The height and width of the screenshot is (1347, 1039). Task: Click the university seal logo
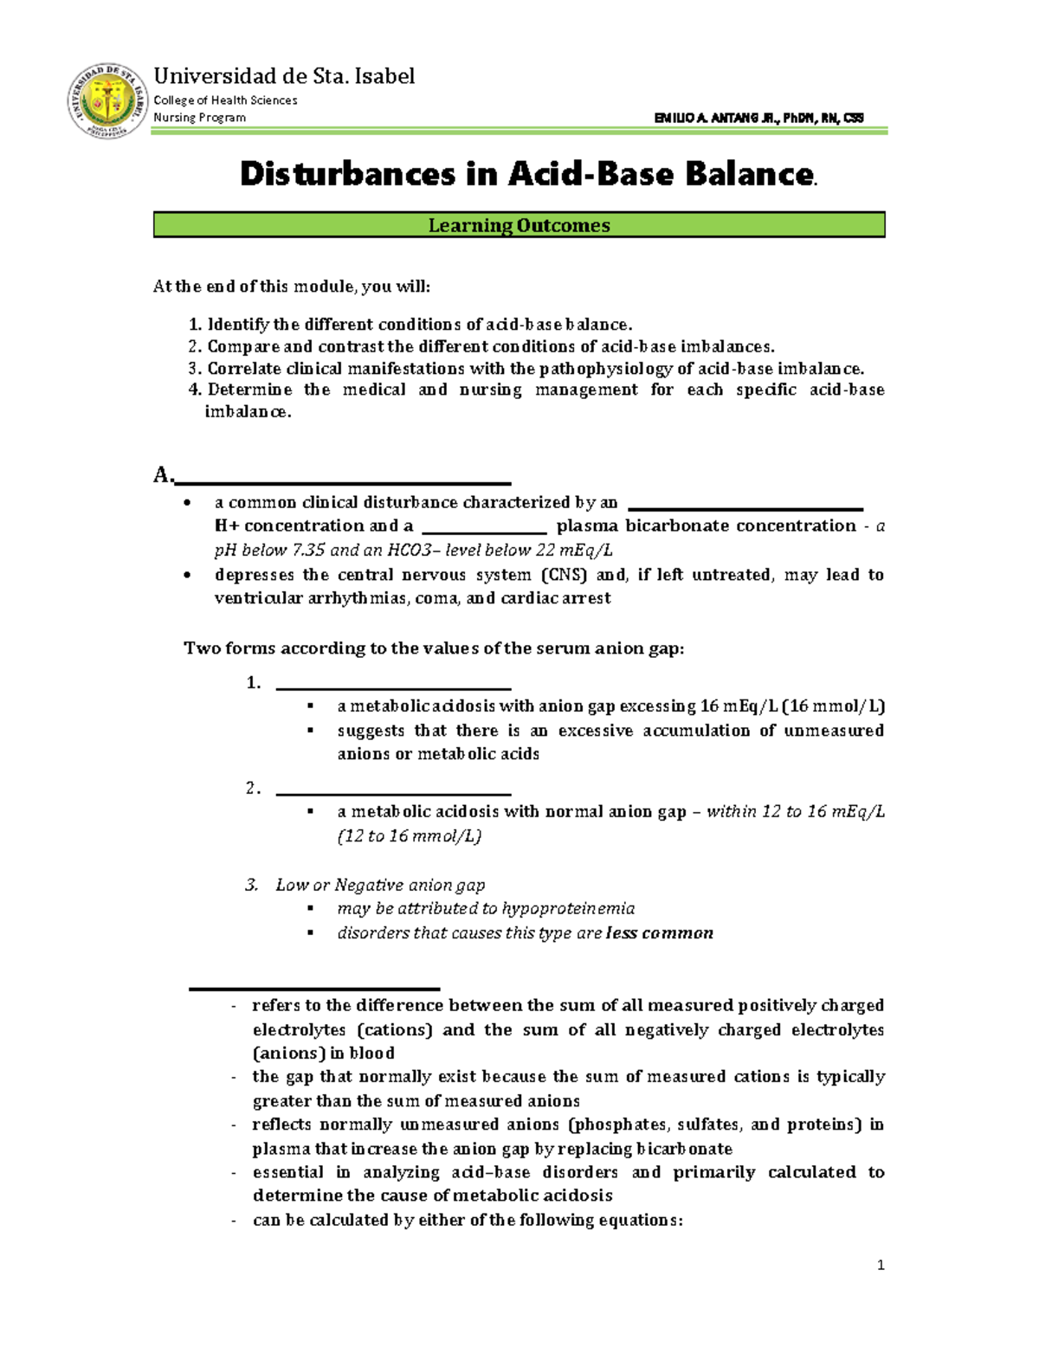point(107,100)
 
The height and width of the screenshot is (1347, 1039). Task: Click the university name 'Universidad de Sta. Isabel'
point(284,76)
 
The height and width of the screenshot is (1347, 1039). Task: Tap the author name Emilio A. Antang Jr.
point(758,118)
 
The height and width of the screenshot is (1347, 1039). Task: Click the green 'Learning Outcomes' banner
point(519,225)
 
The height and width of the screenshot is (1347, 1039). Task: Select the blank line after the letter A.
point(342,480)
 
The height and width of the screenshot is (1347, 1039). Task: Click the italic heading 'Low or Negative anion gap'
point(380,885)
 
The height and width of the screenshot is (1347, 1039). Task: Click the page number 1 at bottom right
point(881,1265)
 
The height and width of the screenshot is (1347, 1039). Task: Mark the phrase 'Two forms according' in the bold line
point(263,648)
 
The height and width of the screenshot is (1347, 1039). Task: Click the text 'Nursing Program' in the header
point(199,118)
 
